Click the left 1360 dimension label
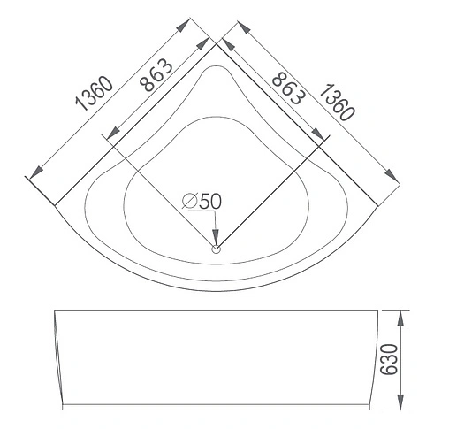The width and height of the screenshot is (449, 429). (95, 95)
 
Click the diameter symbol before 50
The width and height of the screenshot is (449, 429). (189, 201)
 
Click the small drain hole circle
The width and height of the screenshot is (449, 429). (215, 249)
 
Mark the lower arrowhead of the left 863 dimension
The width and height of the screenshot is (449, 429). (106, 136)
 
